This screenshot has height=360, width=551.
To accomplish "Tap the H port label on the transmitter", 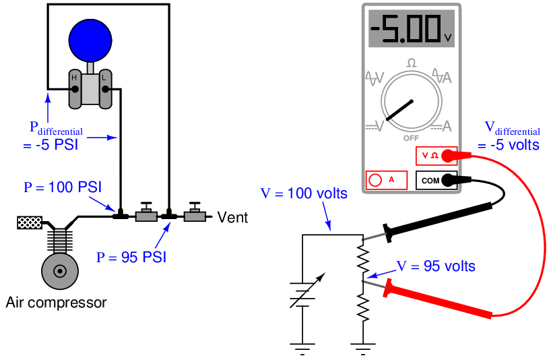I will (x=75, y=78).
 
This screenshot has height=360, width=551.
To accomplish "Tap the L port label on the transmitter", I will (x=104, y=78).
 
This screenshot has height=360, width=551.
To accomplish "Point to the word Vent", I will (x=232, y=218).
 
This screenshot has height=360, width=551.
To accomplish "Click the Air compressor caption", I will (x=56, y=303).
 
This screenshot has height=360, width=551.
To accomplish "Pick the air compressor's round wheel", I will (x=59, y=271).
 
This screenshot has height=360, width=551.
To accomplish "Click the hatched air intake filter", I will (x=29, y=222).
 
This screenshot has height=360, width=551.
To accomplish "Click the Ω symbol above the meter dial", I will (x=411, y=63).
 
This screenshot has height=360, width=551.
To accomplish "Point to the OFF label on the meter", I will (x=411, y=138).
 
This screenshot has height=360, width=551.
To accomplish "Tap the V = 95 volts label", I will (x=435, y=266).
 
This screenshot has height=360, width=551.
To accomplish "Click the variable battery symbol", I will (x=302, y=290).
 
